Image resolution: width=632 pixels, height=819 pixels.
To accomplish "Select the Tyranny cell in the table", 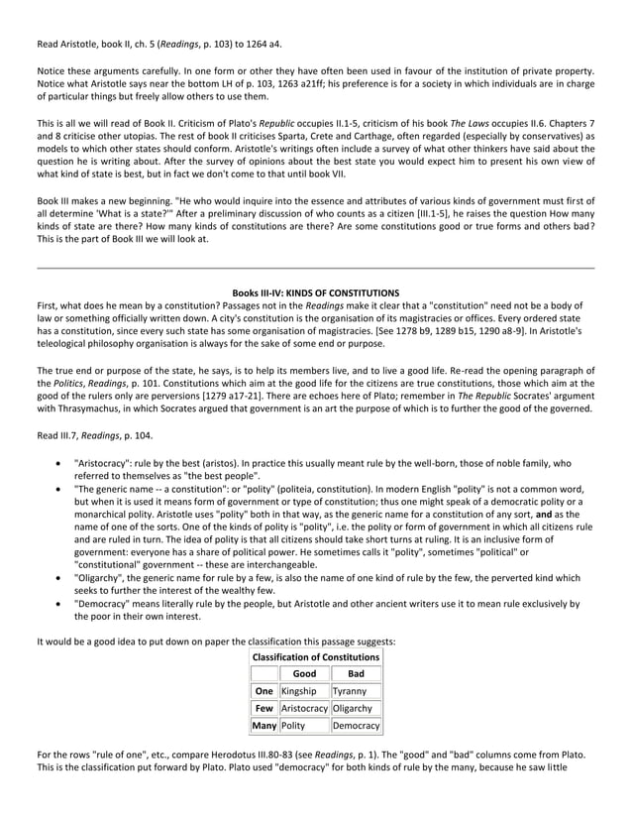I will coord(356,690).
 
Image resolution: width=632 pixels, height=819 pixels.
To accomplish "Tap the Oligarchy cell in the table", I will coord(356,708).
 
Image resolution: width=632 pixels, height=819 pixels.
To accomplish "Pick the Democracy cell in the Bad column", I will coord(356,727).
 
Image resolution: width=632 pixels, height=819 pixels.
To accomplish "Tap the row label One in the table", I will coord(263,690).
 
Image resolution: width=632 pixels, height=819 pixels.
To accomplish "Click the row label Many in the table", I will coord(263,727).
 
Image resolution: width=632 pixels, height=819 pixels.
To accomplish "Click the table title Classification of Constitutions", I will coord(316,656).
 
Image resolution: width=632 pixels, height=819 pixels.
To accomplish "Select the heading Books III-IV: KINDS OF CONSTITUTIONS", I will coord(315,292).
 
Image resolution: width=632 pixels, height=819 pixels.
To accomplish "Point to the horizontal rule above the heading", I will coord(315,268).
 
